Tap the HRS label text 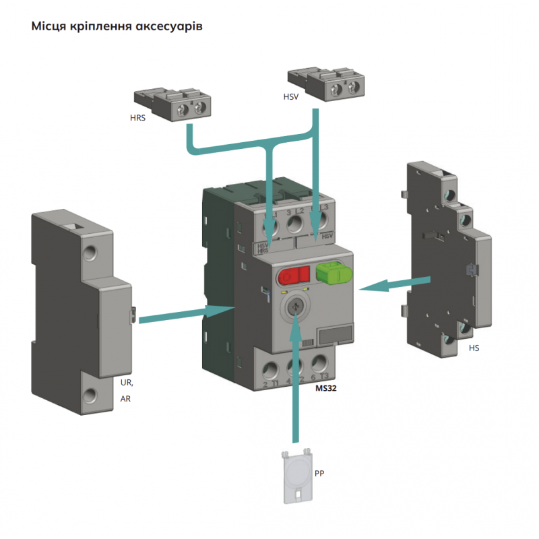pyautogui.click(x=138, y=117)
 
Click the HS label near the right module pyautogui.click(x=474, y=348)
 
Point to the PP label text pyautogui.click(x=319, y=474)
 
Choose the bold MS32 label pyautogui.click(x=326, y=389)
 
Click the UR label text pyautogui.click(x=126, y=383)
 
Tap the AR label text pyautogui.click(x=125, y=399)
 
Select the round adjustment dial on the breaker pyautogui.click(x=294, y=308)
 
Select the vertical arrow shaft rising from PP pyautogui.click(x=294, y=391)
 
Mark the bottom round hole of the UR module pyautogui.click(x=90, y=395)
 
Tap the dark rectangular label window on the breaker pyautogui.click(x=334, y=335)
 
